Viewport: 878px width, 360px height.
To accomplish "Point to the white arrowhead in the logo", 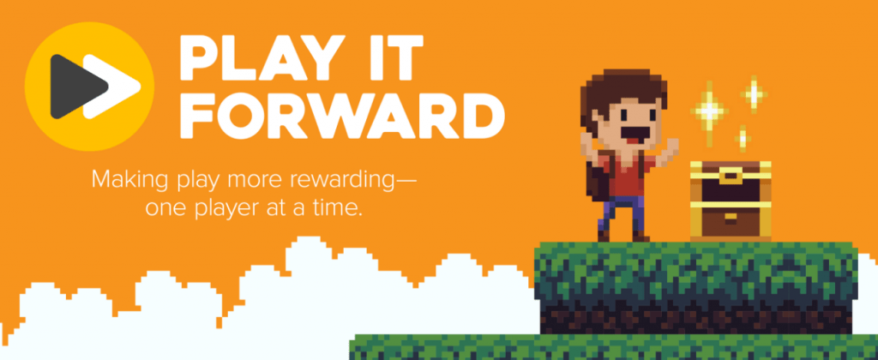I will [x=120, y=86].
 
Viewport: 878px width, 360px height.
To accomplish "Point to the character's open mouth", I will [x=637, y=136].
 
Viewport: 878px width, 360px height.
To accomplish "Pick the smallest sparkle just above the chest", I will [x=743, y=137].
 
